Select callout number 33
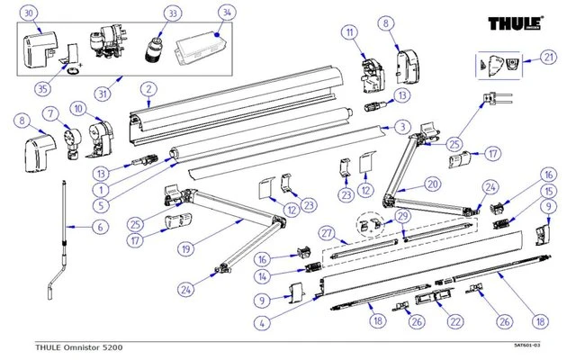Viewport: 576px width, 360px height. [x=173, y=13]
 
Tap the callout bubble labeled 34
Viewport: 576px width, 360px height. [x=226, y=13]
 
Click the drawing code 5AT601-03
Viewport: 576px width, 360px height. [x=526, y=346]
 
